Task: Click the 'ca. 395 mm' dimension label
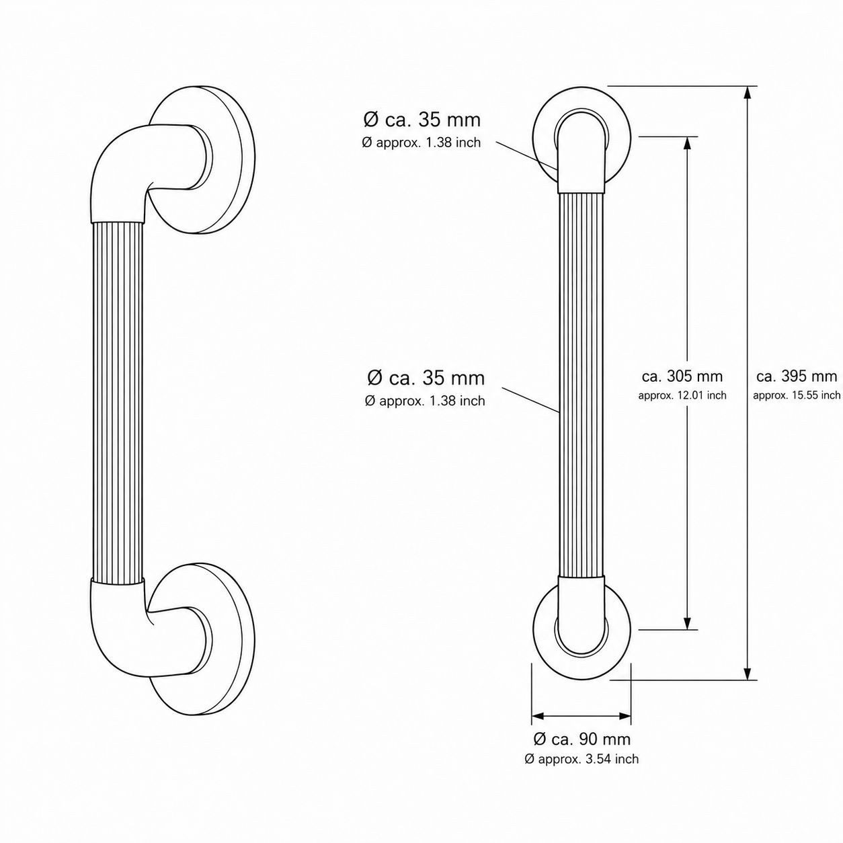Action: (x=797, y=376)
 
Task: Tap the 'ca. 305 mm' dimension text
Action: (x=682, y=376)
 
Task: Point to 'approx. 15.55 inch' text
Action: (x=797, y=395)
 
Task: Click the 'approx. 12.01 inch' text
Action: (x=682, y=395)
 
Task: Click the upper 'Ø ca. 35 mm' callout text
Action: (x=421, y=120)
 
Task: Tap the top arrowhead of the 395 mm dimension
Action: (x=748, y=92)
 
